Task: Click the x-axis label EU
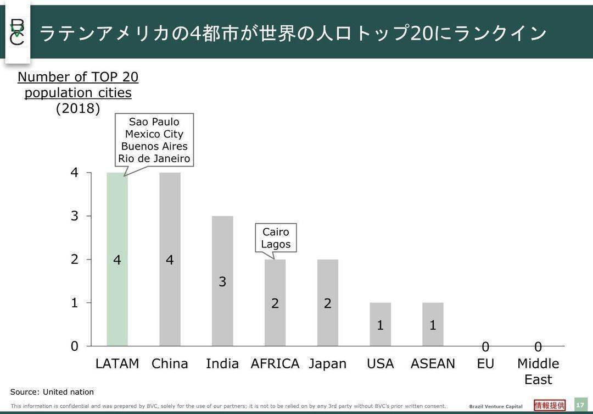point(485,364)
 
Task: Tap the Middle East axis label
point(538,371)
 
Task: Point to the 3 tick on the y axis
point(75,216)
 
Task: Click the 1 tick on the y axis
point(75,302)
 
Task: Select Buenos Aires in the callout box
point(154,146)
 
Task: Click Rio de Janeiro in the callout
point(154,159)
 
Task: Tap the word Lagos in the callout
point(276,245)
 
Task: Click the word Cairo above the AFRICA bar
point(276,232)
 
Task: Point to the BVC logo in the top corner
point(18,32)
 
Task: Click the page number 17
point(580,405)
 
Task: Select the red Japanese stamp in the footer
point(550,405)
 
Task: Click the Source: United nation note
point(52,392)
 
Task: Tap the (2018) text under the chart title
point(78,108)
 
